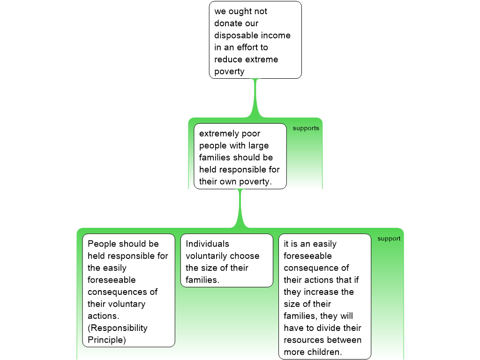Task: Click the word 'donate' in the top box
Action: (x=227, y=23)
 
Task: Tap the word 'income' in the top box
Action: (x=275, y=36)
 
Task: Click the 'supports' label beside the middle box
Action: (x=306, y=128)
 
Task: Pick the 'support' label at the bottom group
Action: (x=389, y=239)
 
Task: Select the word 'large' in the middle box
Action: (x=259, y=146)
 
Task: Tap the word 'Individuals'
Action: (x=207, y=244)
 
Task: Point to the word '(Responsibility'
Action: (x=118, y=328)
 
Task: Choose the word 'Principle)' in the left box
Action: (x=106, y=340)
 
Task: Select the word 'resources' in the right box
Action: (x=301, y=340)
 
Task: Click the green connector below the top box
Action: (x=255, y=98)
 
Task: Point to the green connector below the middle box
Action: (x=240, y=209)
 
